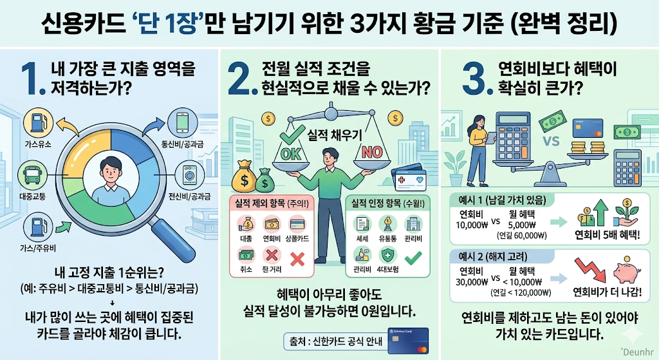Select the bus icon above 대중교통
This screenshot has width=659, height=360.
click(32, 175)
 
